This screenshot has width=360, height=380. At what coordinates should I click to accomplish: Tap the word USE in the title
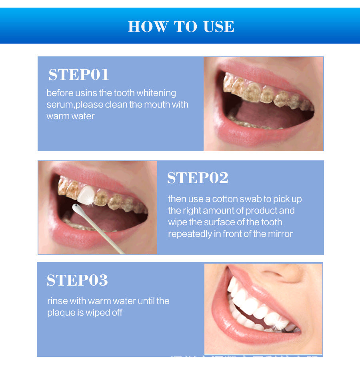pyautogui.click(x=219, y=26)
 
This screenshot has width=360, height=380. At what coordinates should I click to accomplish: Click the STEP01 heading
pyautogui.click(x=79, y=75)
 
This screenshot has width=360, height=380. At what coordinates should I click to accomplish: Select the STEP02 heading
pyautogui.click(x=198, y=178)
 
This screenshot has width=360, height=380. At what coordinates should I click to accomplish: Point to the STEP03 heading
pyautogui.click(x=77, y=280)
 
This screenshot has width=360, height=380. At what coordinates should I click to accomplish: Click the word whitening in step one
pyautogui.click(x=156, y=93)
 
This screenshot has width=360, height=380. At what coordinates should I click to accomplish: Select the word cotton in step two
pyautogui.click(x=225, y=199)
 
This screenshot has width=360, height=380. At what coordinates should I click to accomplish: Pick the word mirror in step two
pyautogui.click(x=280, y=234)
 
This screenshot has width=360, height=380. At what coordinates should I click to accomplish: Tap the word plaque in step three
pyautogui.click(x=61, y=312)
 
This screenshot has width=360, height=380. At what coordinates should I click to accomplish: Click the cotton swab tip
pyautogui.click(x=76, y=207)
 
